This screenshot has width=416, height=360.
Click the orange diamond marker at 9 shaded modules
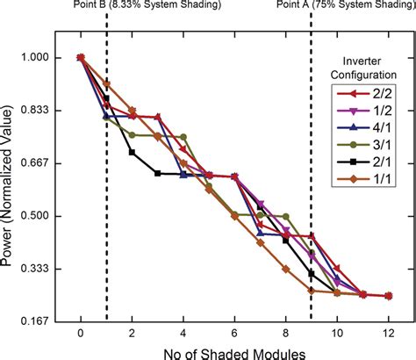tap(312, 290)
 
